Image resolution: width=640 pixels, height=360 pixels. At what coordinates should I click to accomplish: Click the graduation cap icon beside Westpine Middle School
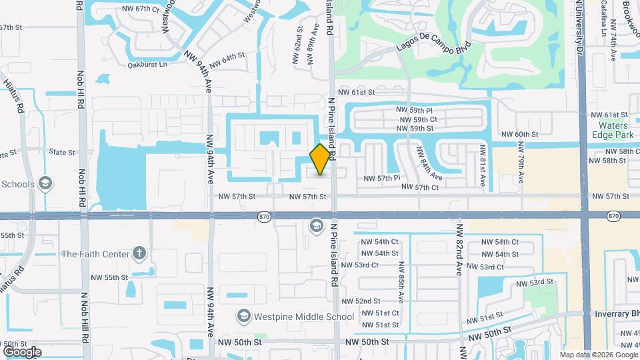pyautogui.click(x=243, y=316)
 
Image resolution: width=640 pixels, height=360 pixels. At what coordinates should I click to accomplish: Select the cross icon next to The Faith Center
pyautogui.click(x=139, y=253)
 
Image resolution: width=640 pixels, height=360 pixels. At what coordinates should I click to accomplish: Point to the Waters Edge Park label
pyautogui.click(x=614, y=129)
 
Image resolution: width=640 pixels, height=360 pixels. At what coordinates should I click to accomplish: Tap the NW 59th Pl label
pyautogui.click(x=415, y=109)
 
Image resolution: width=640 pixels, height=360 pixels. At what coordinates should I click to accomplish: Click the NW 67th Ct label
pyautogui.click(x=141, y=9)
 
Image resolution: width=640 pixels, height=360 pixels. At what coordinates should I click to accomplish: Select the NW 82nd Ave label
pyautogui.click(x=459, y=254)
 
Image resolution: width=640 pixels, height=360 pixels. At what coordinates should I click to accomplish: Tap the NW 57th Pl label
pyautogui.click(x=382, y=178)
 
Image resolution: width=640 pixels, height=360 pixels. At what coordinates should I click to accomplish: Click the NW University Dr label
pyautogui.click(x=579, y=27)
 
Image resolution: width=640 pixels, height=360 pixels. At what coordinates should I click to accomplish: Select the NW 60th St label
pyautogui.click(x=521, y=134)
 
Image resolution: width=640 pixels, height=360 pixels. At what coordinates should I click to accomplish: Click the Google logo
pyautogui.click(x=23, y=351)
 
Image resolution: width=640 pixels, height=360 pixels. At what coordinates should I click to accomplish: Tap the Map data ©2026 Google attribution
pyautogui.click(x=597, y=355)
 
